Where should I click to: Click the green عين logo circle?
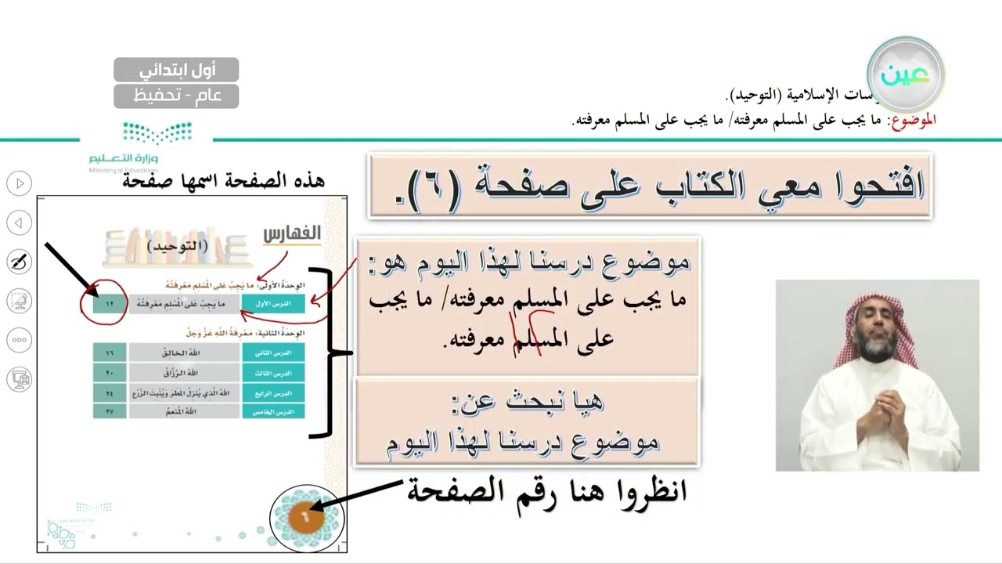(x=905, y=74)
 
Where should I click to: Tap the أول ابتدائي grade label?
(x=176, y=70)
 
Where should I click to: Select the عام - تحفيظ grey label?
(x=176, y=96)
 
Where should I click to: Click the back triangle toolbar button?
(x=20, y=223)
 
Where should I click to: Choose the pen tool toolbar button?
(x=20, y=262)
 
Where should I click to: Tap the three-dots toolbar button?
(x=20, y=340)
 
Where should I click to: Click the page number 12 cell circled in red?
(x=110, y=302)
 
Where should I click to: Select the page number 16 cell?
(x=110, y=352)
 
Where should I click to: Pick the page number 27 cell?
(x=110, y=410)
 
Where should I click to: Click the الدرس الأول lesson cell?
(x=273, y=302)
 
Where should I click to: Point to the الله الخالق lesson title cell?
(x=184, y=352)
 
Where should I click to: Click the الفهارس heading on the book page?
(x=291, y=233)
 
